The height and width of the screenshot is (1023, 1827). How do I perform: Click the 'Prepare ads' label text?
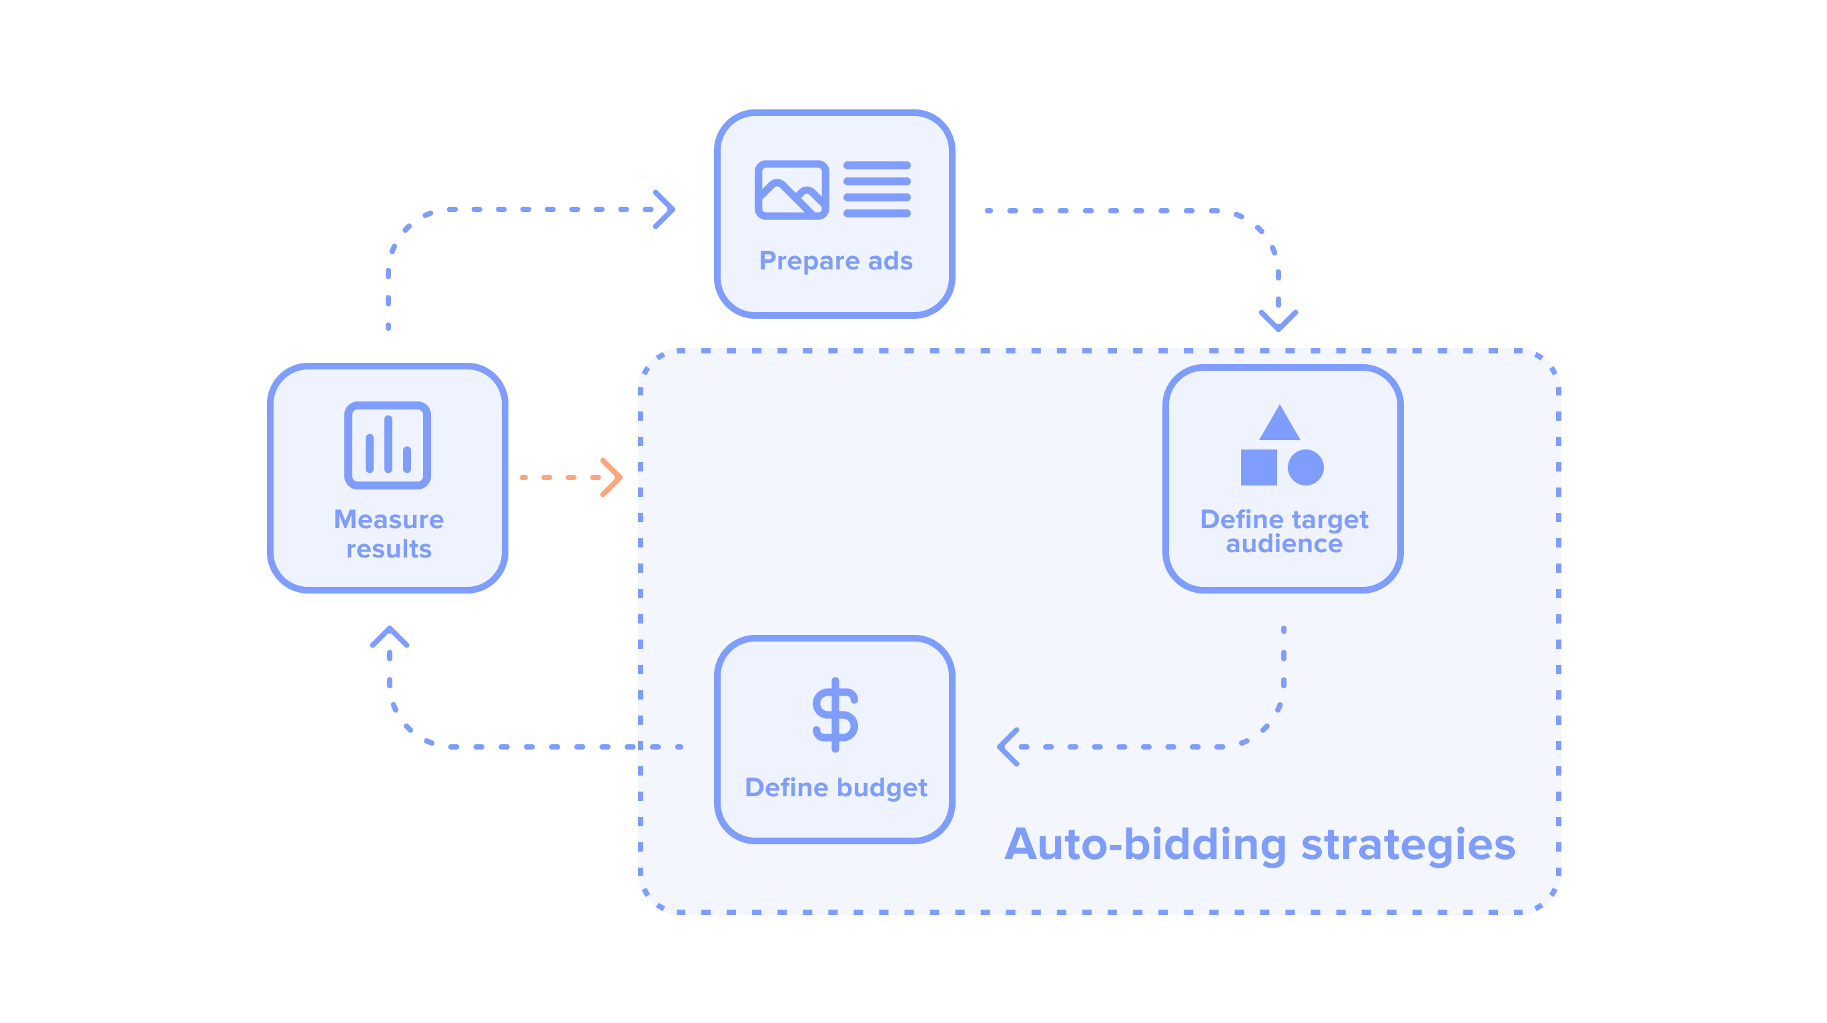click(835, 261)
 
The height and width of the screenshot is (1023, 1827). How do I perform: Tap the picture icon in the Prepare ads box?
click(791, 190)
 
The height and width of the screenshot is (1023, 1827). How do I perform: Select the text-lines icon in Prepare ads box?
click(877, 189)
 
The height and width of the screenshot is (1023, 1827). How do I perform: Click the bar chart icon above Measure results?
click(387, 445)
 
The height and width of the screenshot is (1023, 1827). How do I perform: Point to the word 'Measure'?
click(388, 520)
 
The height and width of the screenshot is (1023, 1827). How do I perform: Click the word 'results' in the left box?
click(388, 549)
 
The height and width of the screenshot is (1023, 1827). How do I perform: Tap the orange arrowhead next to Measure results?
click(611, 477)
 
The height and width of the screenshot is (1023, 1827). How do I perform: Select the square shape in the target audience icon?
click(1259, 467)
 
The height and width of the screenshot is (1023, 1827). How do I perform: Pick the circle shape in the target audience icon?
click(1306, 467)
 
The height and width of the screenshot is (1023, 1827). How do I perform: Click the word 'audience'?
click(1284, 544)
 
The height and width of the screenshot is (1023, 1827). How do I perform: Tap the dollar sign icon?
click(835, 714)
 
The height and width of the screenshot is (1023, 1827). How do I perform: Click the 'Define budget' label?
click(835, 788)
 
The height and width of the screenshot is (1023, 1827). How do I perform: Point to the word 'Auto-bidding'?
click(1145, 844)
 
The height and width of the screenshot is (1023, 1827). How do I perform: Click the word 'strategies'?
click(1408, 844)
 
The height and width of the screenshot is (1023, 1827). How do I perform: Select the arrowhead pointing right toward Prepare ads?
click(665, 209)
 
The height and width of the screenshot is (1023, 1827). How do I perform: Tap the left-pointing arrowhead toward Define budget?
click(1008, 746)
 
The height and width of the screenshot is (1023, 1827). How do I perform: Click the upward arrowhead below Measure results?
click(390, 637)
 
